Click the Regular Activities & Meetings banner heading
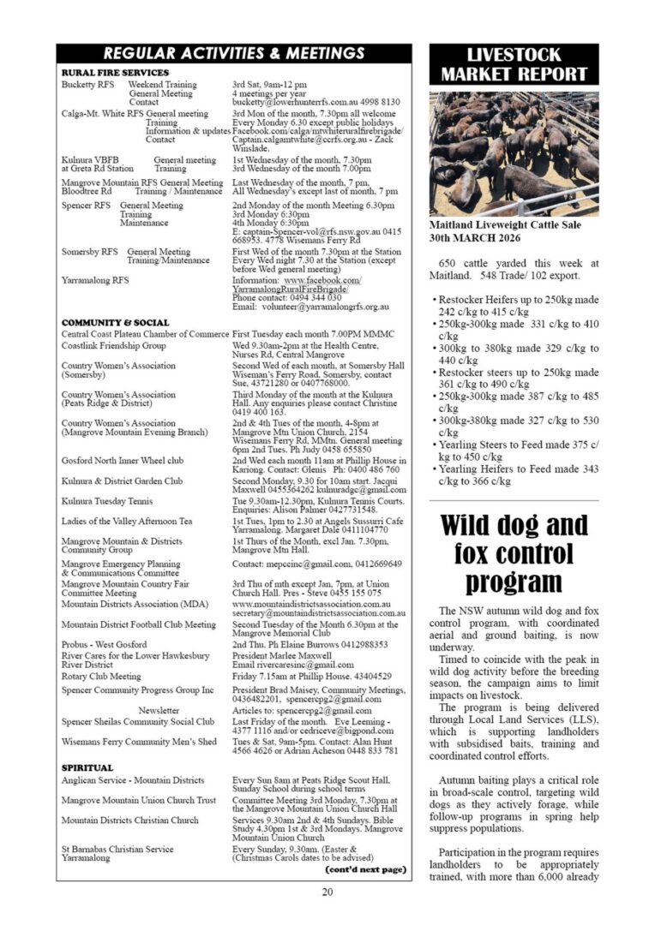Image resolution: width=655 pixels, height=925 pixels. [233, 54]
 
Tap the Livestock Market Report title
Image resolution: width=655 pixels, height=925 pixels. [514, 65]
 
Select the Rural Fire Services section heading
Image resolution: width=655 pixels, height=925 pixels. [116, 73]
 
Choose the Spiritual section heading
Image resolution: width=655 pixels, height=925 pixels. [87, 768]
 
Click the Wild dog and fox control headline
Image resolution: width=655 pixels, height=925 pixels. [514, 553]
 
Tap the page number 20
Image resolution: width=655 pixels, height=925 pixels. [327, 892]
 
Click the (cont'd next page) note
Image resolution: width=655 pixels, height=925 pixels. [365, 869]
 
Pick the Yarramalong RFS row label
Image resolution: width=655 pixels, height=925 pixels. [95, 280]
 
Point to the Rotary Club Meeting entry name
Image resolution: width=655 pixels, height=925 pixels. [101, 676]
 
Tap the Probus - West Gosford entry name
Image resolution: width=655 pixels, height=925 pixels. [104, 644]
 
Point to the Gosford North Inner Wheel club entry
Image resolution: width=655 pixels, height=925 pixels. [123, 460]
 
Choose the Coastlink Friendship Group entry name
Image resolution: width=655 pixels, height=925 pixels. [114, 345]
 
